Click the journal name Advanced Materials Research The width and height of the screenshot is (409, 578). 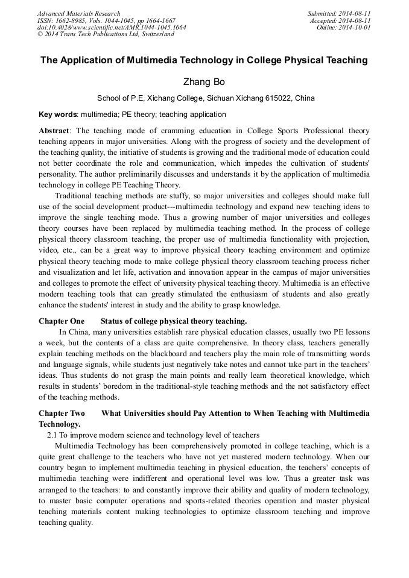[x=78, y=13]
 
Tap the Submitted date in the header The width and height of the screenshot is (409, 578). [x=339, y=13]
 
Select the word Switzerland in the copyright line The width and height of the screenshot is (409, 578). [x=150, y=34]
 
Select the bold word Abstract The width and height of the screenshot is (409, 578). [x=54, y=131]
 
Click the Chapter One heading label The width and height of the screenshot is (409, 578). [x=62, y=321]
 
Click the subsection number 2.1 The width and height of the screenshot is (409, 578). [x=52, y=435]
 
